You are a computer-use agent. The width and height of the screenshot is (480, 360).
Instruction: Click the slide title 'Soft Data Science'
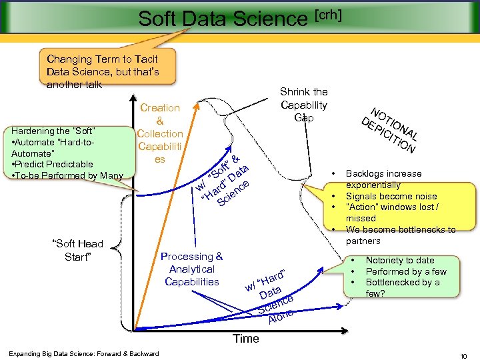pos(223,19)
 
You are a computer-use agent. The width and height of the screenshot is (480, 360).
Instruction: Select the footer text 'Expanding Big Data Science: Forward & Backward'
pos(83,353)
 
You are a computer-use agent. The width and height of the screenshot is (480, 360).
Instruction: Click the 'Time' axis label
pos(245,338)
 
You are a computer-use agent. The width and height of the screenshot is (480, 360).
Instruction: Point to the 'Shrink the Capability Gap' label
pos(303,105)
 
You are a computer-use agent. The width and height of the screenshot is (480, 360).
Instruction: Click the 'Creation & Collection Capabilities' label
pos(159,133)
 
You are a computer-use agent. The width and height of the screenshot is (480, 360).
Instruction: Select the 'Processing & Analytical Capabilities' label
pos(192,269)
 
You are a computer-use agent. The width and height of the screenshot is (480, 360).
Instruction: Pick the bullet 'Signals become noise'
pos(391,196)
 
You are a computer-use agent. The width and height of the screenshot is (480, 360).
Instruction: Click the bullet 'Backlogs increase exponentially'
pos(383,179)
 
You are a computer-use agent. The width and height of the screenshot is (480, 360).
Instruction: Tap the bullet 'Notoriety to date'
pos(400,260)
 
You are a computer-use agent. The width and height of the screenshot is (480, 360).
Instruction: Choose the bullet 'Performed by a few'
pos(406,271)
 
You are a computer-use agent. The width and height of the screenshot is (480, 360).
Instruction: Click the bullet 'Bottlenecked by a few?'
pos(402,287)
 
